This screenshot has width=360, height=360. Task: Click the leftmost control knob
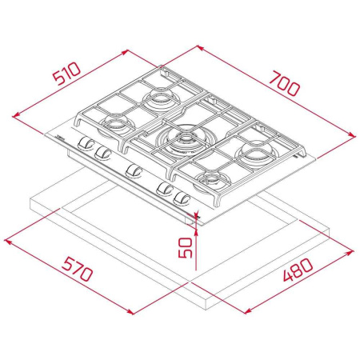(x=84, y=145)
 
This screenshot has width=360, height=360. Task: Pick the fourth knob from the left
(x=166, y=189)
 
